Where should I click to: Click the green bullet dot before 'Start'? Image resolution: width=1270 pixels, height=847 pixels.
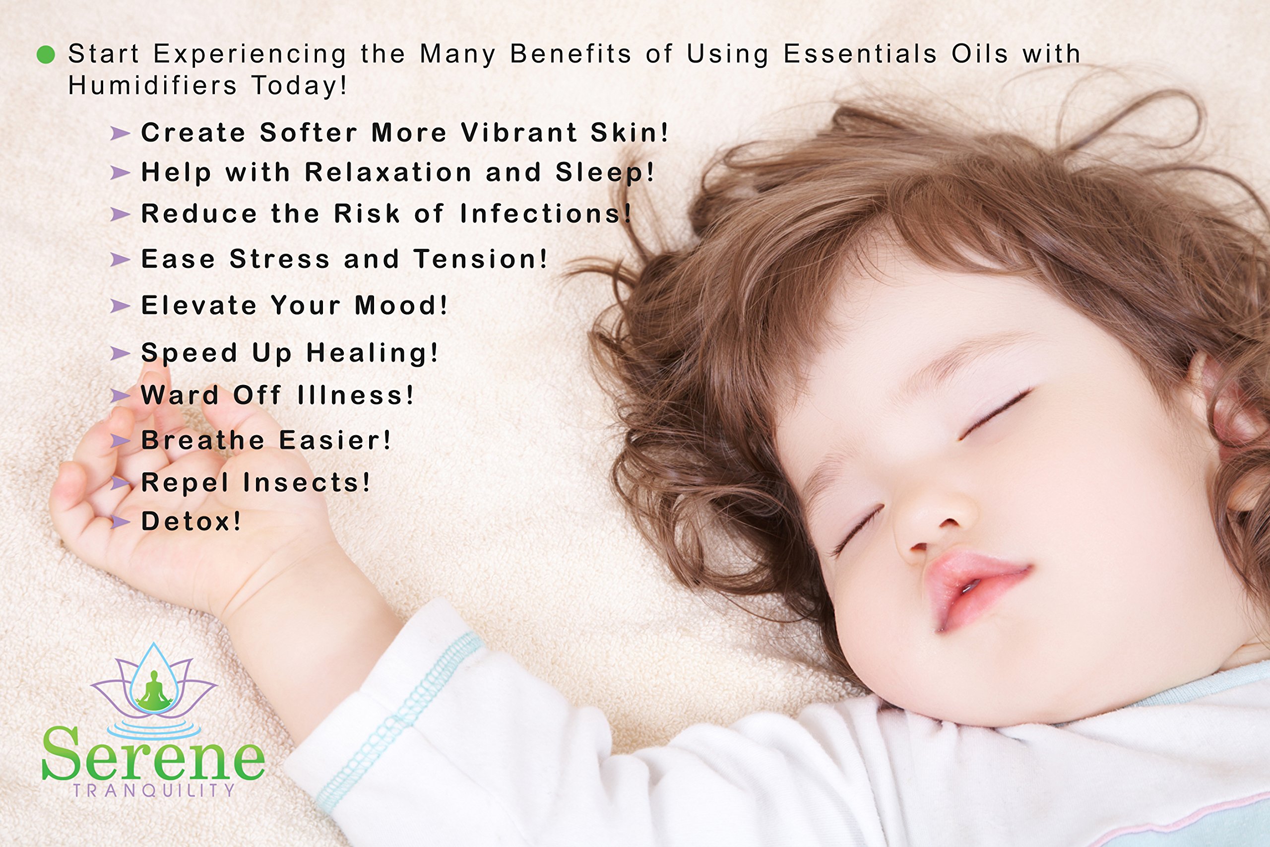pos(46,55)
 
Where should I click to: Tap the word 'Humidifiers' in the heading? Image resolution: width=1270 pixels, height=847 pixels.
pos(153,85)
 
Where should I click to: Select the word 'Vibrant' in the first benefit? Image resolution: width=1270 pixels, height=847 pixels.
pos(518,132)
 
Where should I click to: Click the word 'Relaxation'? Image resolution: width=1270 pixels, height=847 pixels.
pos(388,172)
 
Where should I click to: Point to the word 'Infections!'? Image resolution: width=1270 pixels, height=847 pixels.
pos(546,213)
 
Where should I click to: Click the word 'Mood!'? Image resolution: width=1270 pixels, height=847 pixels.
pos(401,305)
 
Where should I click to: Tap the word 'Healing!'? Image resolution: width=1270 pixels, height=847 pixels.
pos(373,353)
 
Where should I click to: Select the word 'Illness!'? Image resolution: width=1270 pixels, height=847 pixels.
pos(356,395)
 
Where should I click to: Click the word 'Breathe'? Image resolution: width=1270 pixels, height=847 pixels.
pos(203,440)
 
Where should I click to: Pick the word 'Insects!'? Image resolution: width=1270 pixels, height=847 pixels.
pos(307,482)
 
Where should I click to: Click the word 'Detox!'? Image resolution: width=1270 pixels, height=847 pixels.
pos(191,521)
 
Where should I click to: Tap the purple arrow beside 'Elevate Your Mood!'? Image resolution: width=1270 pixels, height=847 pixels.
pos(120,306)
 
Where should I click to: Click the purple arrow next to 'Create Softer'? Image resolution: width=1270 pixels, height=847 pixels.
pos(120,133)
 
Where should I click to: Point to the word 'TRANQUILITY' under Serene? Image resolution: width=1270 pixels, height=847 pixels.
pos(154,790)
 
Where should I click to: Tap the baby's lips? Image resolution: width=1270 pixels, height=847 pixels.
pos(972,589)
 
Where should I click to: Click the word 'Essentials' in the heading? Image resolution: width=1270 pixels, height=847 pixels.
pos(860,54)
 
